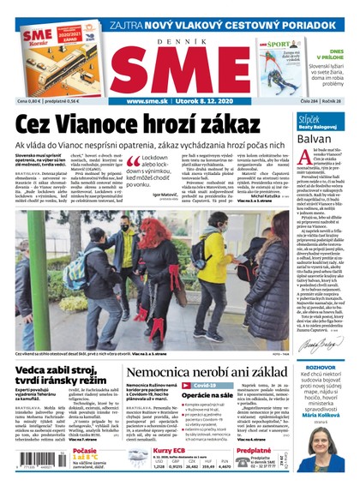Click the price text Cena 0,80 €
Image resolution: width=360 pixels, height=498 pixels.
tap(28, 101)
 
